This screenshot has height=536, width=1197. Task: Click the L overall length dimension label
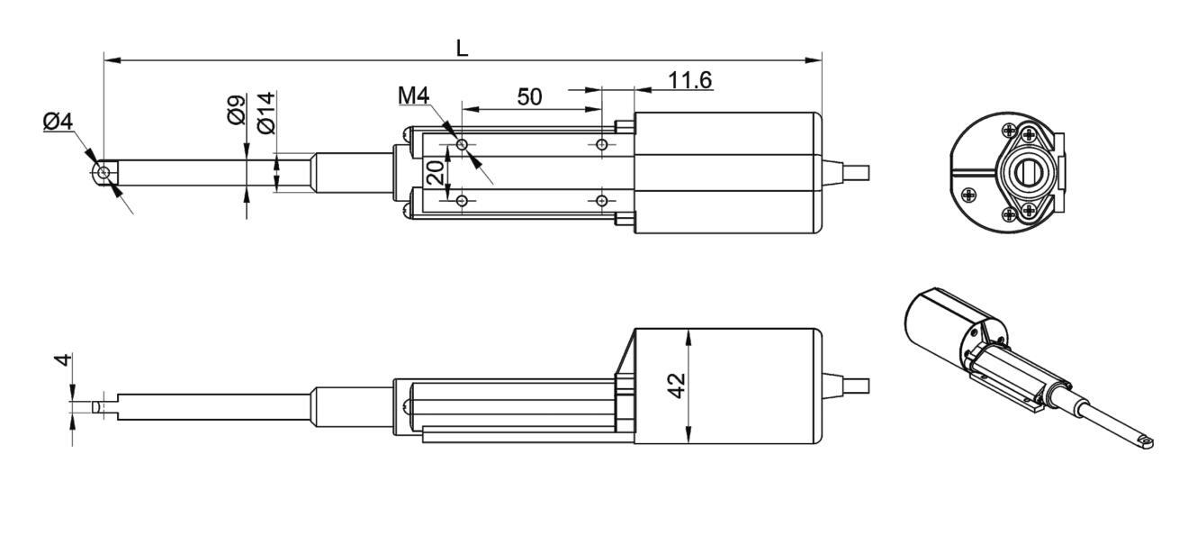pos(462,48)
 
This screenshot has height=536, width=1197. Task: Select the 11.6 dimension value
pos(689,80)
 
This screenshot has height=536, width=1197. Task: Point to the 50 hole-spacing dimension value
pos(529,97)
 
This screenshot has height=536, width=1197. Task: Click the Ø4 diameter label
pos(58,122)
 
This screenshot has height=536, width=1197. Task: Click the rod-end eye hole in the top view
pos(105,171)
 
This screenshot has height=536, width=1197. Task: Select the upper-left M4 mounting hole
pos(462,144)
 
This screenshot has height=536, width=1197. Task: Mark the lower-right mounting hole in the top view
pos(602,199)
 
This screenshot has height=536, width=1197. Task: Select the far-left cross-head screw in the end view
pos(969,194)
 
